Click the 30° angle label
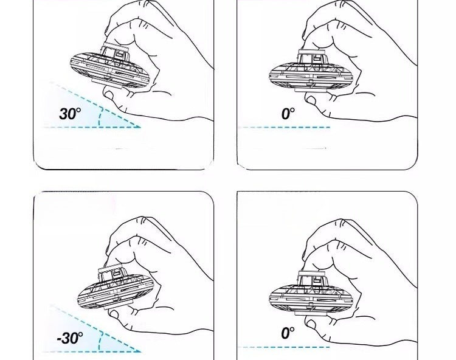point(70,114)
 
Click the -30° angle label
point(70,338)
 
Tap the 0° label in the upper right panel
point(288,114)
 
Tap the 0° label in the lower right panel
point(288,333)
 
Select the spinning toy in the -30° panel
point(116,287)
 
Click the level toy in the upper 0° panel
point(311,71)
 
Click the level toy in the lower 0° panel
point(311,293)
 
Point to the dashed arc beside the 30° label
point(100,117)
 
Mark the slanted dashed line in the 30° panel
point(95,105)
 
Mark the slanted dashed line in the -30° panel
point(95,328)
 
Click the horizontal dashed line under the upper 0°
point(284,127)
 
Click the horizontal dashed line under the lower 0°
point(284,347)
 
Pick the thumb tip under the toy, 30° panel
point(109,95)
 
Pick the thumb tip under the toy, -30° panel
point(114,314)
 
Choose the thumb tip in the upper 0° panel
point(311,101)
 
